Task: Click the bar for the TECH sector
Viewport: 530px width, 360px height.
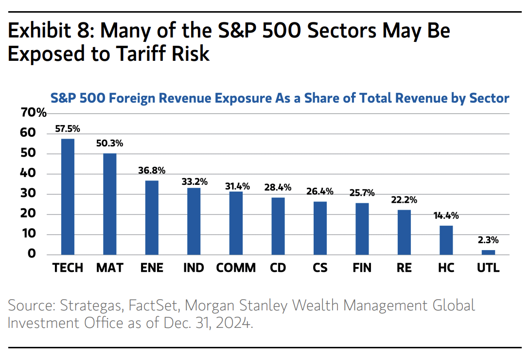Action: coord(68,197)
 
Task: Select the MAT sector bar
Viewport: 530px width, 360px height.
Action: coord(110,204)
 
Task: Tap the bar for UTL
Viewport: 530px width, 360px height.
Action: coord(488,252)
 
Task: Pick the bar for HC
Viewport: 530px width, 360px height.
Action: coord(446,240)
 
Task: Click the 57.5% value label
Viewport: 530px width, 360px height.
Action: coord(68,129)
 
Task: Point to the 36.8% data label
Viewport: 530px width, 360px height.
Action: coord(152,171)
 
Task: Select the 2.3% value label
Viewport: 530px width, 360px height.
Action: coord(488,240)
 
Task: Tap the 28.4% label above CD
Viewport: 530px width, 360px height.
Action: coord(278,188)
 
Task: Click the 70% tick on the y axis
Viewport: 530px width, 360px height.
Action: coord(34,113)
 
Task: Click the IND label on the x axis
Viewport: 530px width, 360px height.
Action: coord(194,268)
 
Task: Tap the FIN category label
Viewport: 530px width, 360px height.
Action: coord(362,268)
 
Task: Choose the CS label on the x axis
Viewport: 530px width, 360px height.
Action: coord(319,268)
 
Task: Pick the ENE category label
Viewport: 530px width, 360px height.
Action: coord(152,268)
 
